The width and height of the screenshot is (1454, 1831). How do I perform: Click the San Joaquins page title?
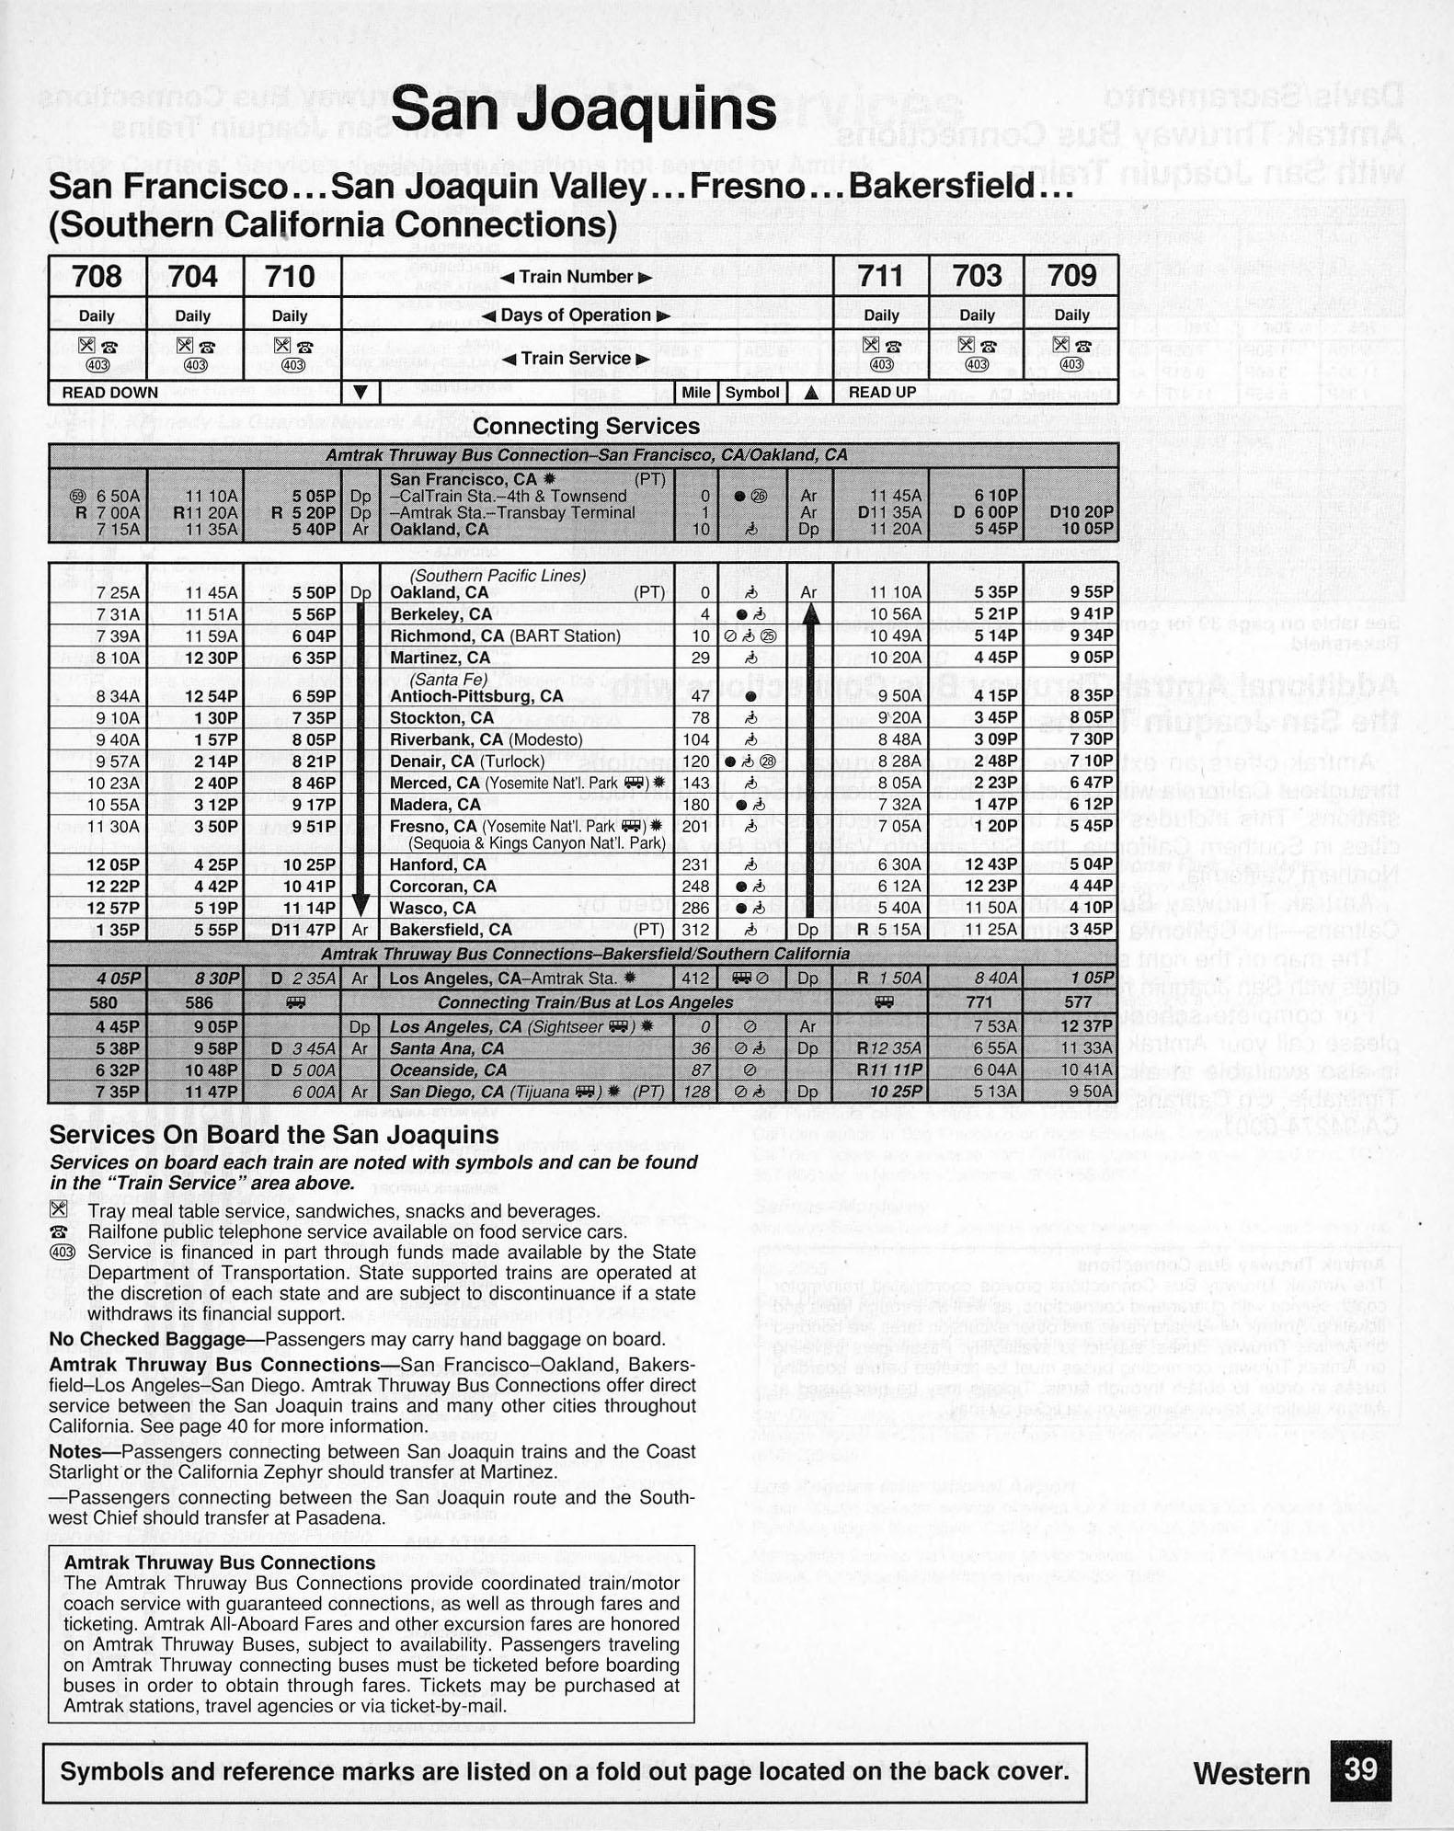point(584,110)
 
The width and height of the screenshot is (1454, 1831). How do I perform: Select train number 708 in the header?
point(97,276)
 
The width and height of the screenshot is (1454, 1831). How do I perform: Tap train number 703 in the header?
point(977,276)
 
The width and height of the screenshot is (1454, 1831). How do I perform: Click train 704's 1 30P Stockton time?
point(214,717)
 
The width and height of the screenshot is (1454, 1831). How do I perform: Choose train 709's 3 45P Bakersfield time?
point(1092,930)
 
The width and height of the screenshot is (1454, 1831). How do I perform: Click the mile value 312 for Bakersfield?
point(696,930)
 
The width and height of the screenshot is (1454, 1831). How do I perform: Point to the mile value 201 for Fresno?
point(696,827)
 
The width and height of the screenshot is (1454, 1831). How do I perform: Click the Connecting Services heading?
point(586,427)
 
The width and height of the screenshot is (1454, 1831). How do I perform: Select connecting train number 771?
point(979,1002)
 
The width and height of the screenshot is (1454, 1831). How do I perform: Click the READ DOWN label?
point(109,393)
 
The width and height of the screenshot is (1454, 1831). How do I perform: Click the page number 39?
point(1360,1770)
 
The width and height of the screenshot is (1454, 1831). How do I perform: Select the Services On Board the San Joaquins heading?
point(273,1135)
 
